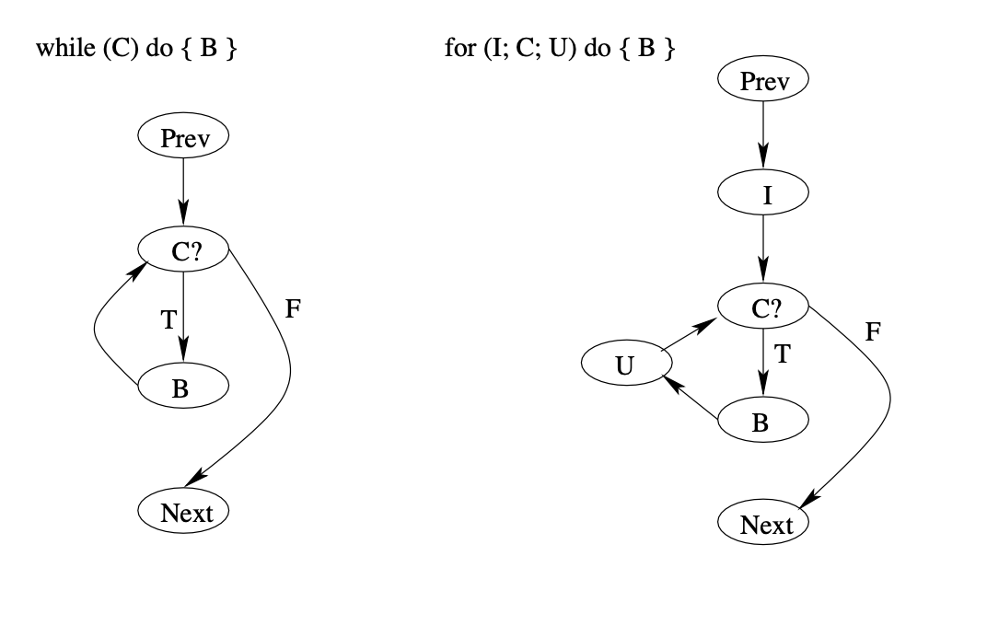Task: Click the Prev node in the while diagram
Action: pyautogui.click(x=182, y=138)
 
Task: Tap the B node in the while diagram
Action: pyautogui.click(x=182, y=388)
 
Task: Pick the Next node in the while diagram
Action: pyautogui.click(x=182, y=512)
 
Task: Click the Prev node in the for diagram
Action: pyautogui.click(x=762, y=81)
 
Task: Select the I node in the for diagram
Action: pyautogui.click(x=762, y=193)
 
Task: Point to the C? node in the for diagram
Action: pyautogui.click(x=762, y=308)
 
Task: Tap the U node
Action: pyautogui.click(x=625, y=365)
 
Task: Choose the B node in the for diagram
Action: pyautogui.click(x=762, y=422)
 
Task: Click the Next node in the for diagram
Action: pyautogui.click(x=762, y=525)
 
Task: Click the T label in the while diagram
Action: pyautogui.click(x=168, y=318)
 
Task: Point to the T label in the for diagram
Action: pyautogui.click(x=781, y=353)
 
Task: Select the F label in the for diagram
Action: pyautogui.click(x=873, y=332)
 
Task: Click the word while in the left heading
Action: pyautogui.click(x=64, y=49)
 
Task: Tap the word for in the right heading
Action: pyautogui.click(x=458, y=49)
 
